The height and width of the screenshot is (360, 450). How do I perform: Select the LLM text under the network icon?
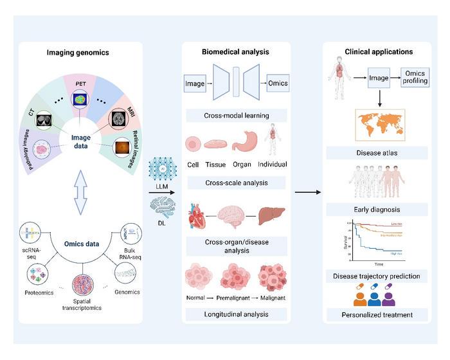coord(161,186)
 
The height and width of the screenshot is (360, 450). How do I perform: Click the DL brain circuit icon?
coord(161,206)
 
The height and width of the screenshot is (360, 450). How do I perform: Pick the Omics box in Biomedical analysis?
coord(278,82)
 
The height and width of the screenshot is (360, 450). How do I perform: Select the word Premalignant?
coord(236,298)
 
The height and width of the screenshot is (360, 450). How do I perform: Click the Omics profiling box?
coord(414,78)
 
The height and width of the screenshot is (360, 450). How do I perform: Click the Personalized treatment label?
coord(377,314)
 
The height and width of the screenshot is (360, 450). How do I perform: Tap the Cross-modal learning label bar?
coord(236,116)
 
